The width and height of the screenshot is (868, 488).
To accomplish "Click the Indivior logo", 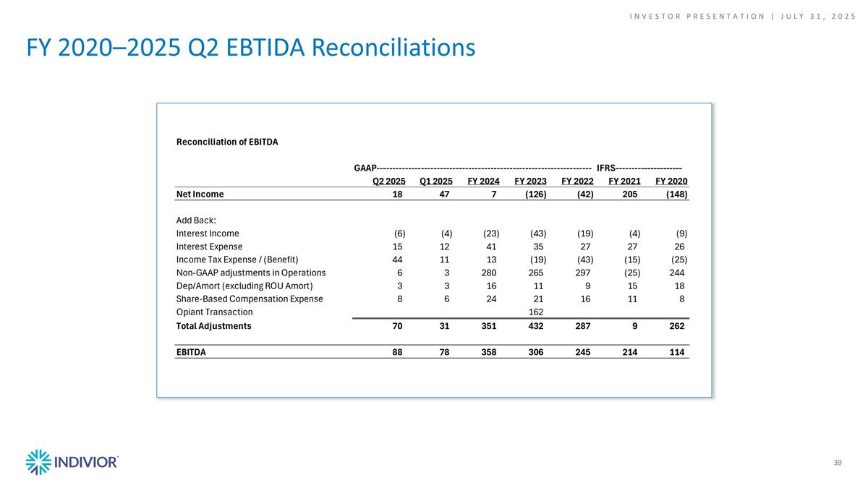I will pos(72,461).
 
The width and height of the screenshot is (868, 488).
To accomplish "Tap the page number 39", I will pos(838,463).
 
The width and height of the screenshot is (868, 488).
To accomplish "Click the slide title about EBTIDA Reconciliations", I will pos(250,47).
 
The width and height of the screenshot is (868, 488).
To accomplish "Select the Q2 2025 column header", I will pos(388,181).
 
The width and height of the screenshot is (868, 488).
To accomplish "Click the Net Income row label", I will pos(200,194).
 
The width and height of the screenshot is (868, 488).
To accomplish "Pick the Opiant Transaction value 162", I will pos(537,312).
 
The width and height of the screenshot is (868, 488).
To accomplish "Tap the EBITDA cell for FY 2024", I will pos(490,352).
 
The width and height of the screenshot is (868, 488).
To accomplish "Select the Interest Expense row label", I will pos(209,247).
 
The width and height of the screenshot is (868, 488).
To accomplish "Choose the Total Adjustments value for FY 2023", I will pos(537,326).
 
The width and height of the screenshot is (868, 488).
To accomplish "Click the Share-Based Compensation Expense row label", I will pos(250,299).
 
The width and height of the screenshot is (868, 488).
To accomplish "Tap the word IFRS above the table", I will pos(606,168).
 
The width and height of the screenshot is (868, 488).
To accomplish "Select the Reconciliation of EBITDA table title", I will pos(227,142).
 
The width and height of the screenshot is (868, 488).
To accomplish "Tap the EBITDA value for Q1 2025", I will pos(443,352).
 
